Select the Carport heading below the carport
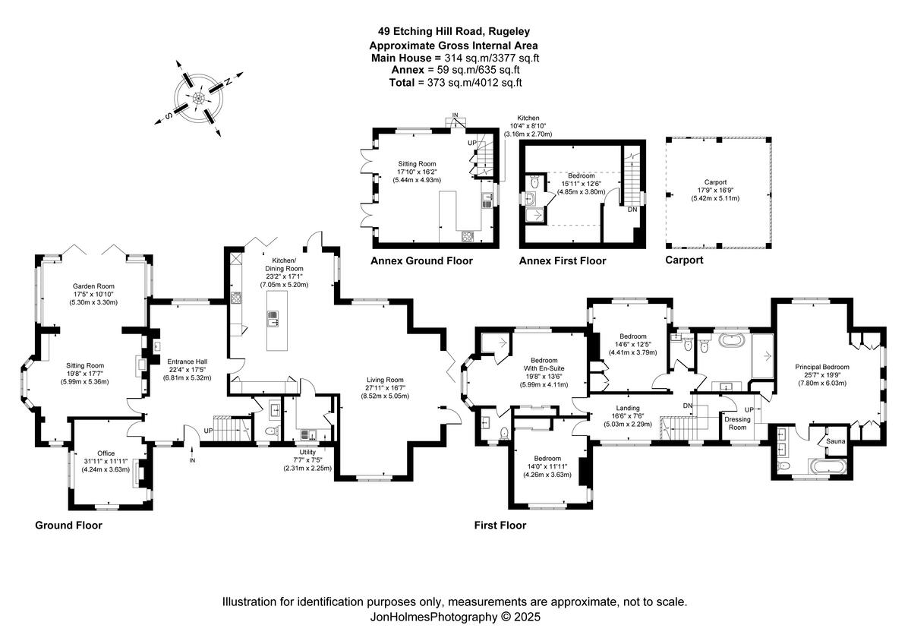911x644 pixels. point(684,260)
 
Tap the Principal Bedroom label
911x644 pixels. point(822,367)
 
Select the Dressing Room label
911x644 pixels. point(736,423)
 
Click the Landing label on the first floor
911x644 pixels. point(628,407)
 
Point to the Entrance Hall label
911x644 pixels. point(185,361)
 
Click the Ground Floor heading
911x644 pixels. point(68,525)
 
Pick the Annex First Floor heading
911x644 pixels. point(563,260)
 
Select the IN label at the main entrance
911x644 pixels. point(192,460)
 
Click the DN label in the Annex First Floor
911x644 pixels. point(632,210)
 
